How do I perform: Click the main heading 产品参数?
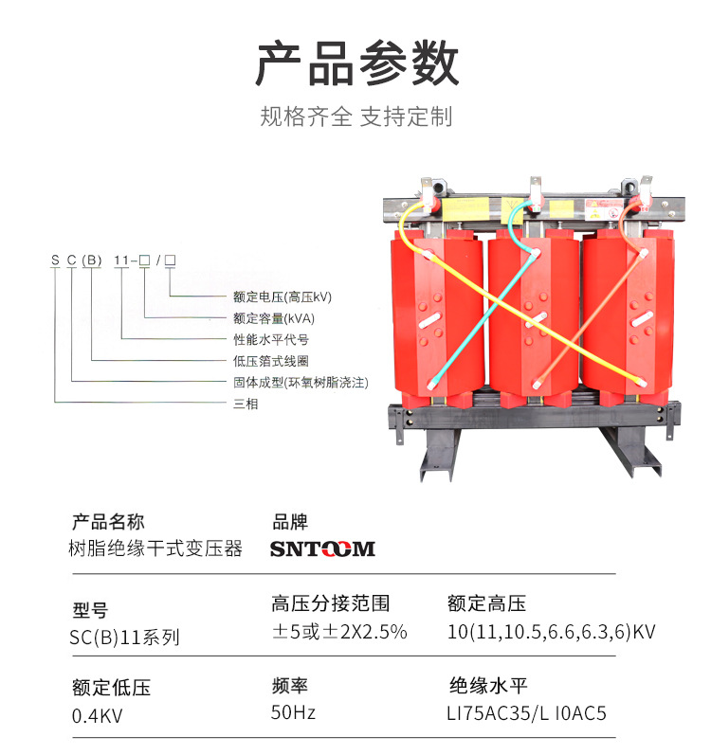tap(356, 64)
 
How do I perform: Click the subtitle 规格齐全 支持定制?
tap(356, 117)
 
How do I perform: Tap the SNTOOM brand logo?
tap(322, 549)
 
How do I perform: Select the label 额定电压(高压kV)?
tap(283, 297)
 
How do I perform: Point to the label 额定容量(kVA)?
tap(274, 318)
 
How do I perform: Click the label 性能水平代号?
tap(271, 339)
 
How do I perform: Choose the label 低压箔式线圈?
tap(271, 361)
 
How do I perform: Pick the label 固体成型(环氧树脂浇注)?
tap(300, 383)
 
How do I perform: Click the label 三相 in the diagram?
tap(246, 404)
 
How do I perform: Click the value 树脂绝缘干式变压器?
tap(156, 549)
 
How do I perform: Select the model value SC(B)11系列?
tap(124, 638)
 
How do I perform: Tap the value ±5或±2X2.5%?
tap(339, 632)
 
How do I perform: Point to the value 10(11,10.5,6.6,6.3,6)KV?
tap(551, 632)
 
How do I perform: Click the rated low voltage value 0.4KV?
tap(98, 715)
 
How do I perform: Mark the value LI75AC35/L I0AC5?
tap(526, 712)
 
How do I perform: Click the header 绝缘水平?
tap(487, 686)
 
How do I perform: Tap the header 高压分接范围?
tap(330, 603)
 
